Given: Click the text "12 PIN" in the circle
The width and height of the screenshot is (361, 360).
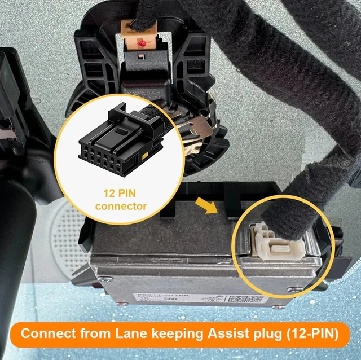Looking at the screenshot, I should point(120,194).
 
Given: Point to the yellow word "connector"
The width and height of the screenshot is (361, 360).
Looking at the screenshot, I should point(120,206).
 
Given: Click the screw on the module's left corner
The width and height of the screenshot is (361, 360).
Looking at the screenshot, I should point(103,278).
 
